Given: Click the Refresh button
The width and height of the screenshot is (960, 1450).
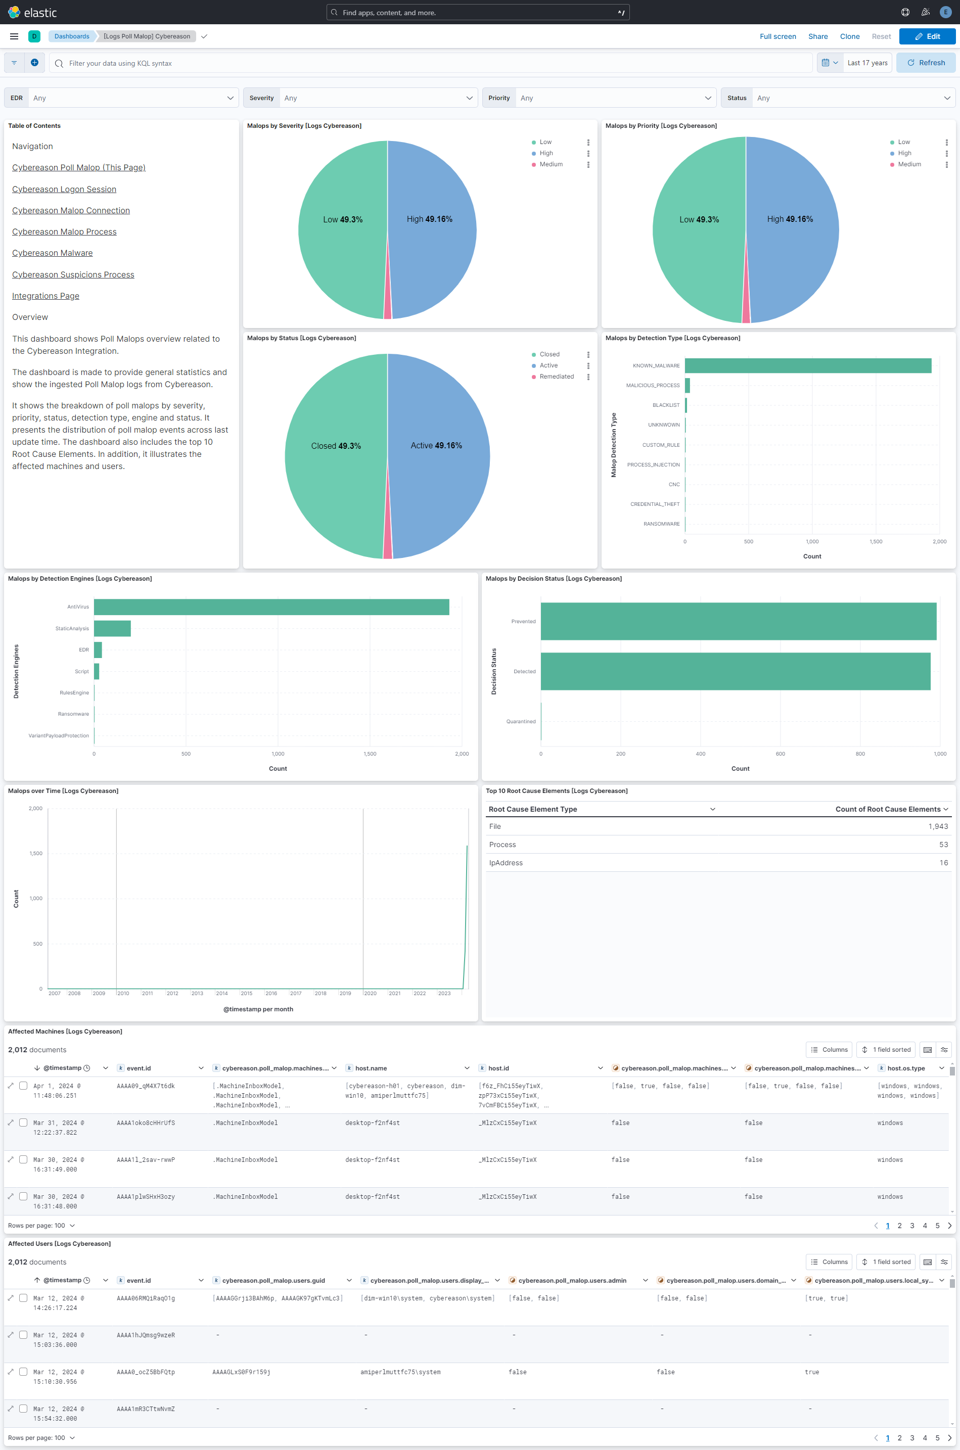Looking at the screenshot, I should (x=925, y=63).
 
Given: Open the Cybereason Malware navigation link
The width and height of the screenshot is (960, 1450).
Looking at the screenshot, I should (x=52, y=253).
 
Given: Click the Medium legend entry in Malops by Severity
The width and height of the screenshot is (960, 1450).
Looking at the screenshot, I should (x=551, y=164).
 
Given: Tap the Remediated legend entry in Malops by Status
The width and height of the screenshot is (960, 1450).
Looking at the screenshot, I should (x=556, y=377).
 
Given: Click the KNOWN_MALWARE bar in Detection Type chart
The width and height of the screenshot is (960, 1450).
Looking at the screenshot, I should (x=807, y=365).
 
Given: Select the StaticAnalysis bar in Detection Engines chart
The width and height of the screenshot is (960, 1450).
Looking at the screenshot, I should (x=112, y=628).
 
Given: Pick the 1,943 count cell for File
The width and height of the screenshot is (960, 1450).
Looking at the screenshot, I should (x=937, y=826).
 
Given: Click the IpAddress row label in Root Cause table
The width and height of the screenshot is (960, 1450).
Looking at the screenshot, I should (x=506, y=862).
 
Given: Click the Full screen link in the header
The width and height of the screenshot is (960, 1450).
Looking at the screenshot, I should (x=777, y=36).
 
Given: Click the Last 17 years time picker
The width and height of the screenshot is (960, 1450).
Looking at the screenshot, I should (x=866, y=63).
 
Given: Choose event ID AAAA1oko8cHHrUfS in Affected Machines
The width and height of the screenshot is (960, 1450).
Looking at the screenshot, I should (x=146, y=1122).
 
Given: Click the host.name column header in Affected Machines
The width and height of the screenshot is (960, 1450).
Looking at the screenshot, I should (x=371, y=1068).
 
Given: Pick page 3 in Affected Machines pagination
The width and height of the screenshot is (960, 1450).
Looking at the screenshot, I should (x=911, y=1226).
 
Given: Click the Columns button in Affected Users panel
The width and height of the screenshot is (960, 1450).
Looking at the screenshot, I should (x=829, y=1261).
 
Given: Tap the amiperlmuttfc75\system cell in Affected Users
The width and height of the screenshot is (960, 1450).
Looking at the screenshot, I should (x=400, y=1372).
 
